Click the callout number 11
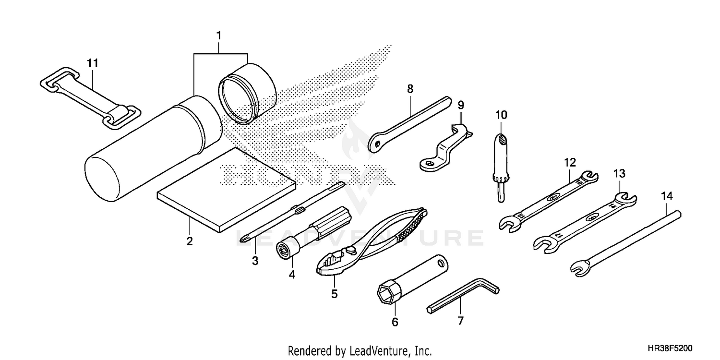click(x=92, y=62)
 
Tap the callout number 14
click(x=667, y=195)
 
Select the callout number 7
click(x=460, y=321)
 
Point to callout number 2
click(x=190, y=241)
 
